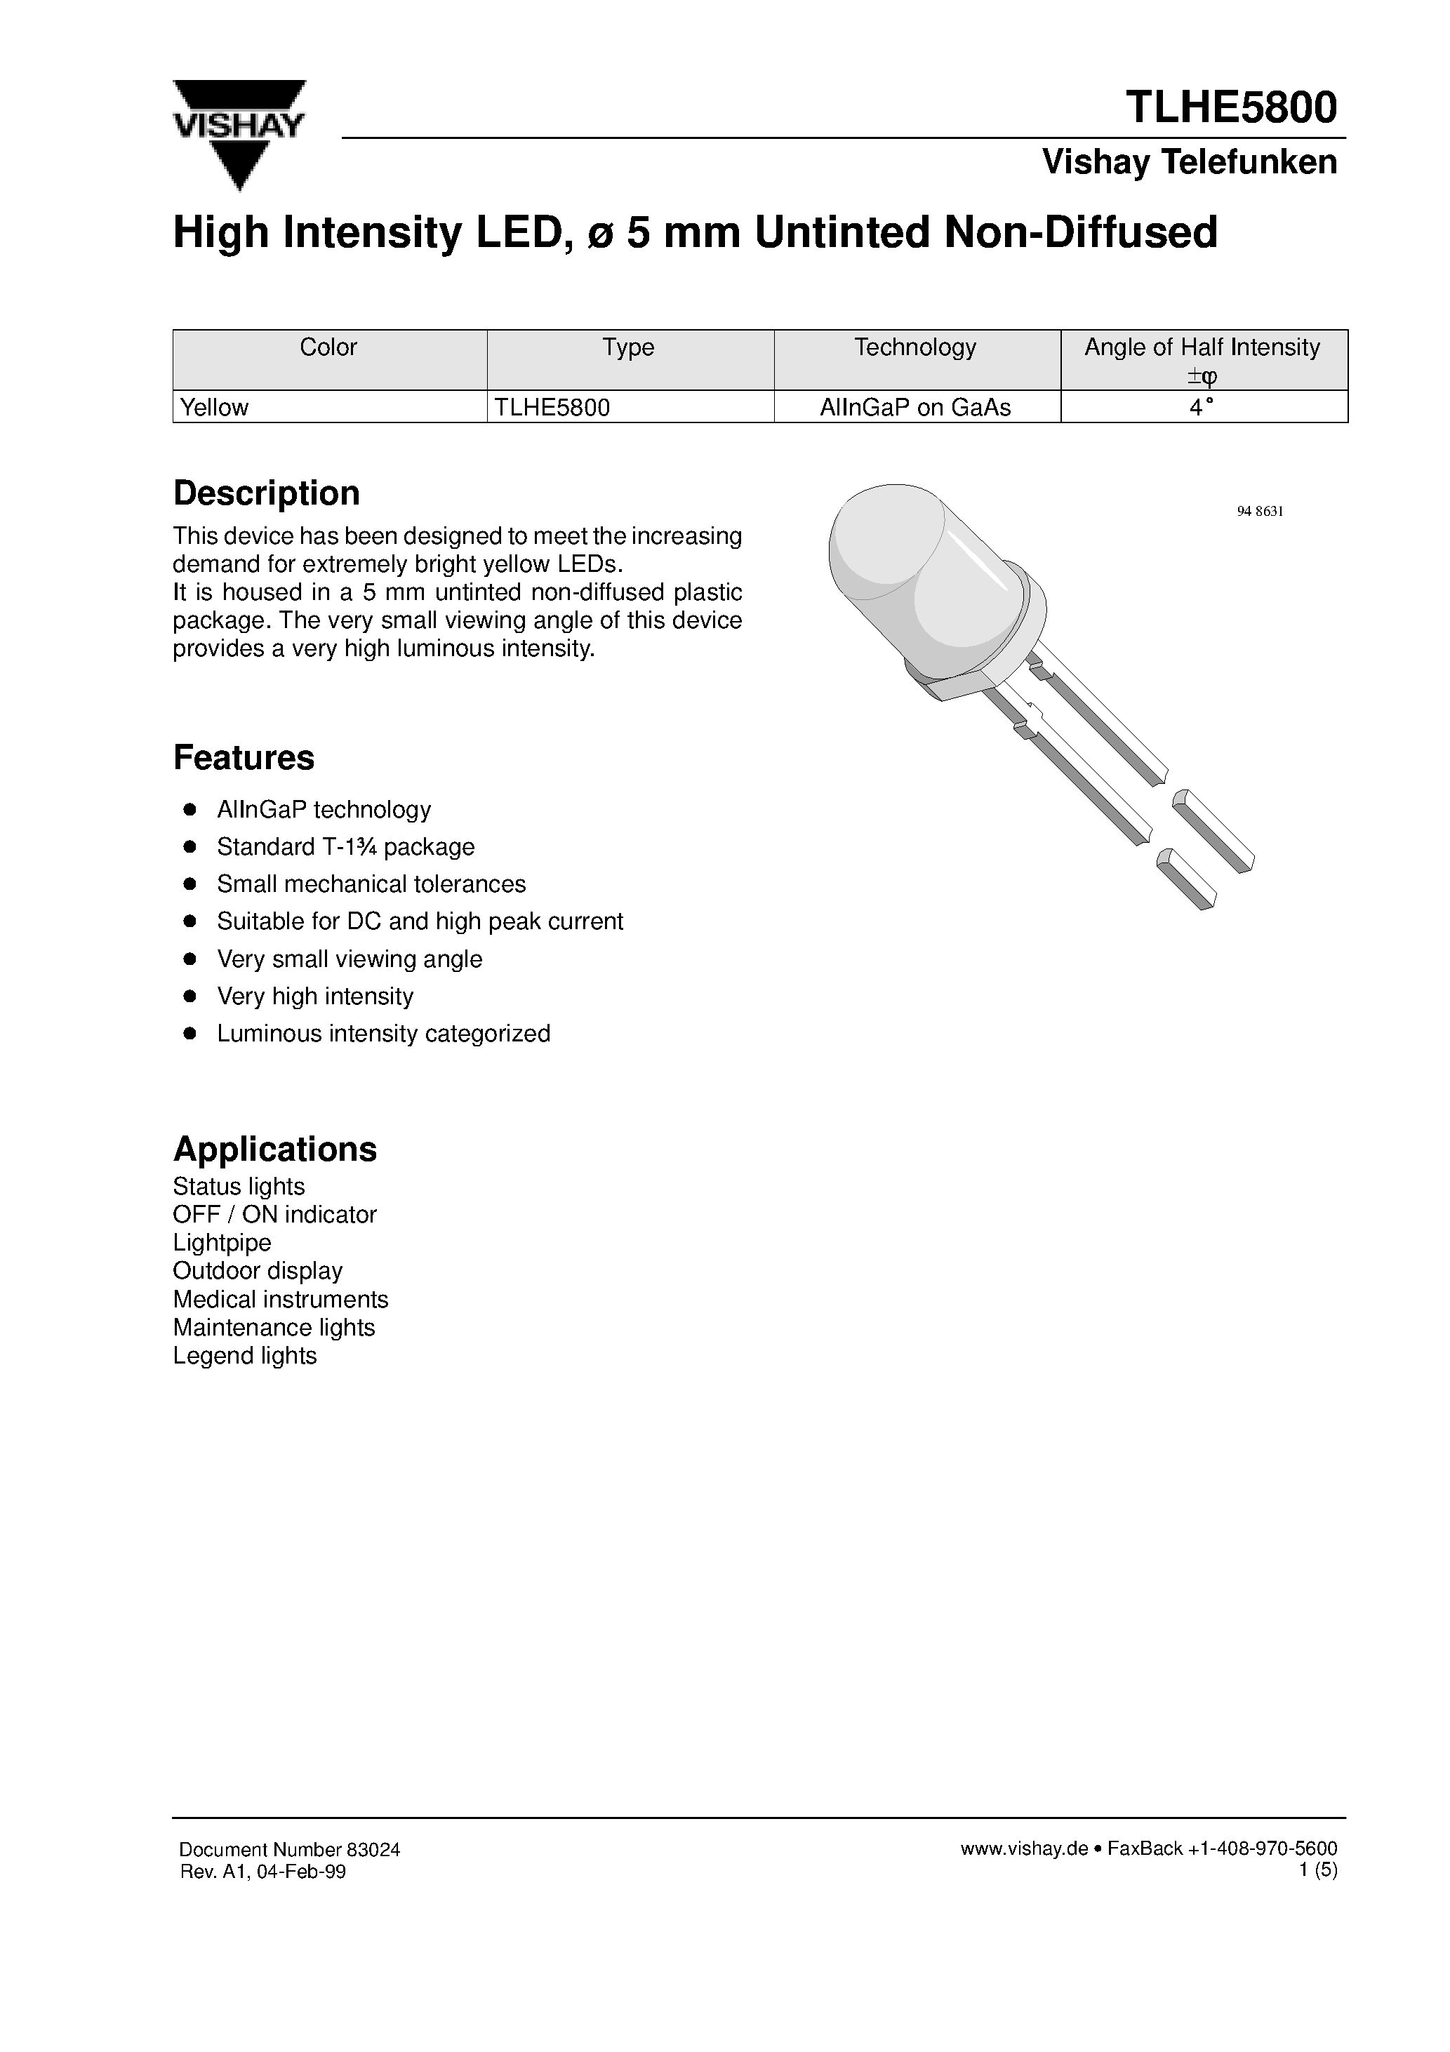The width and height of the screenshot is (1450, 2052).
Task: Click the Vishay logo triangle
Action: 239,134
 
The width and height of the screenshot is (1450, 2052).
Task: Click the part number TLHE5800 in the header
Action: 1231,107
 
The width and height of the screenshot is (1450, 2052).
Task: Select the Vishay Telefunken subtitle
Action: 1189,163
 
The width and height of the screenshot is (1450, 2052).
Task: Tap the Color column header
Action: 328,347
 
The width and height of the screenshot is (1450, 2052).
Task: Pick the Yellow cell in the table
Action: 215,408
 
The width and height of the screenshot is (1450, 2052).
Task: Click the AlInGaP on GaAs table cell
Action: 915,408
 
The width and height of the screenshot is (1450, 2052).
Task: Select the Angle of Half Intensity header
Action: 1202,347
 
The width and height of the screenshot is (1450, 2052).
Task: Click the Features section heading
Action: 243,758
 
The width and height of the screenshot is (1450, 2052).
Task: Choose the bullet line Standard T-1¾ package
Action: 345,846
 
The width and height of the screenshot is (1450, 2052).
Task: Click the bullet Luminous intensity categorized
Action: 383,1033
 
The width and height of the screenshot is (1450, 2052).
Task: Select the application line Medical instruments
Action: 280,1298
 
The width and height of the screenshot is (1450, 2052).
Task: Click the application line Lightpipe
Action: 222,1242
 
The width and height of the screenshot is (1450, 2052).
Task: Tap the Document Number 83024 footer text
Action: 290,1850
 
